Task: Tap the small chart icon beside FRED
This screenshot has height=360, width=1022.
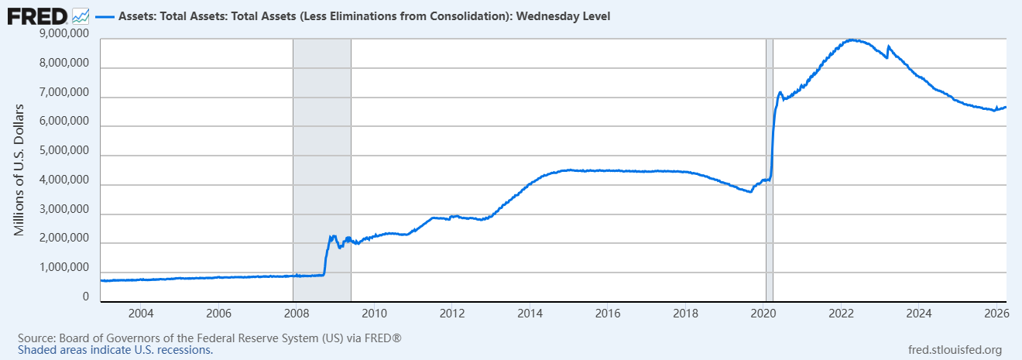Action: coord(81,15)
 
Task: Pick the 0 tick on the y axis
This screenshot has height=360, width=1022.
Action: coord(85,297)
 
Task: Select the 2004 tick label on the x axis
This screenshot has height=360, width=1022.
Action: coord(140,314)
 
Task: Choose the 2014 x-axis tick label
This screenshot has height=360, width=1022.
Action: coord(530,314)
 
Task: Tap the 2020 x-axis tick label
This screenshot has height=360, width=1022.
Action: coord(763,314)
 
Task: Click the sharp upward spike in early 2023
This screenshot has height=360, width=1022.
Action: coord(888,47)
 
